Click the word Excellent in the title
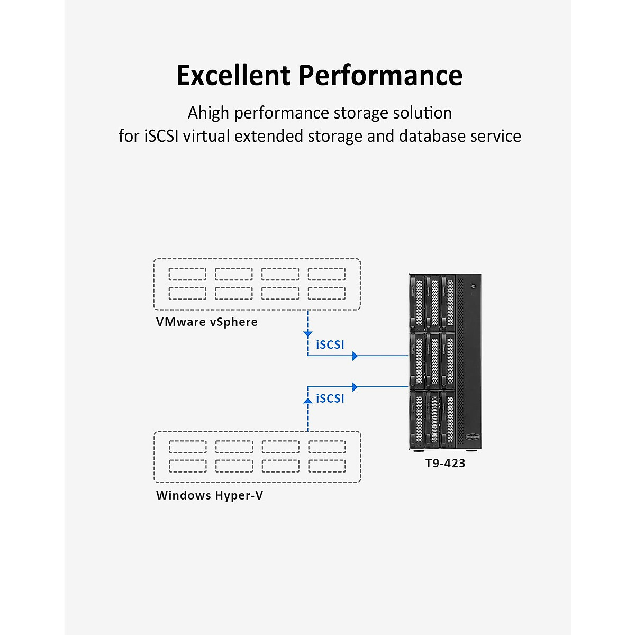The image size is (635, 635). (x=233, y=75)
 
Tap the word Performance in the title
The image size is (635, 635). (x=380, y=75)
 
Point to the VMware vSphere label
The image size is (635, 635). (x=206, y=322)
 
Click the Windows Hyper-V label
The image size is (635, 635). (x=209, y=496)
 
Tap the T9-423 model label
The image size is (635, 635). (x=445, y=464)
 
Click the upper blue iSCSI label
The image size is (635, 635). (x=330, y=345)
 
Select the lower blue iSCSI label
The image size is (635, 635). (x=330, y=399)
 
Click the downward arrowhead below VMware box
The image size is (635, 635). (x=308, y=334)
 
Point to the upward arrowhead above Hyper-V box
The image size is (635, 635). (x=308, y=401)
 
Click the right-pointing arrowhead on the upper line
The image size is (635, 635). (x=355, y=356)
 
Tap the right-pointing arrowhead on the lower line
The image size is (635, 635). (x=355, y=387)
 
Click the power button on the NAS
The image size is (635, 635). (x=473, y=286)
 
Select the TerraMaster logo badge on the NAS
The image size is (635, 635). (x=473, y=438)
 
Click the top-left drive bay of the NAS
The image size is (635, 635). (x=418, y=302)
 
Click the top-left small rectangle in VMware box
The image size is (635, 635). (x=187, y=274)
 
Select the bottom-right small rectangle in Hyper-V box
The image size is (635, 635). (x=327, y=466)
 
